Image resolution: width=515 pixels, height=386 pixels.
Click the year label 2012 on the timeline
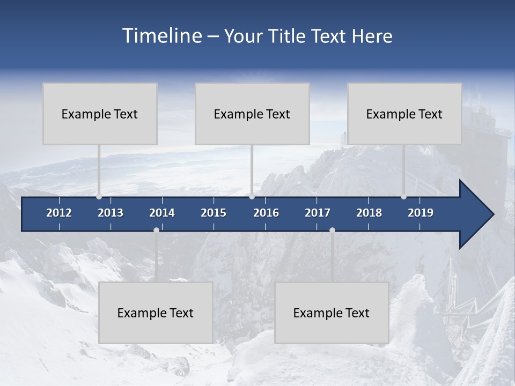[x=59, y=213]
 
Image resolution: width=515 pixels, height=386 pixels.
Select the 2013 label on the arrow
[x=111, y=213]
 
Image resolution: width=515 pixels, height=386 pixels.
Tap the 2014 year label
[x=162, y=213]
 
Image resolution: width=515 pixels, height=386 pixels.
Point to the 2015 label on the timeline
[x=214, y=213]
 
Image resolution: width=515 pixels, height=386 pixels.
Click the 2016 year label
[x=266, y=213]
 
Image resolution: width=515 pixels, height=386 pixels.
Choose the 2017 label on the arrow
[x=318, y=213]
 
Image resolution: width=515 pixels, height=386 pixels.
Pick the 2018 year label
[x=369, y=213]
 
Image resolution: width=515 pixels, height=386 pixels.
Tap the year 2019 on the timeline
[x=421, y=213]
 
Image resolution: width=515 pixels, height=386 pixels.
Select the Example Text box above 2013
[x=100, y=114]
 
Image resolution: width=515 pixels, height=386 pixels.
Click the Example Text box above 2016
[x=252, y=114]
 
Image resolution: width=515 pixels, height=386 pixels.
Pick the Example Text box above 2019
[x=404, y=114]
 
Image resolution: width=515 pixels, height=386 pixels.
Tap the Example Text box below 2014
[x=156, y=313]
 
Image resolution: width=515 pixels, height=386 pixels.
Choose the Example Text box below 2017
[x=332, y=313]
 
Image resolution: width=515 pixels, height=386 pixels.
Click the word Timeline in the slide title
[x=162, y=36]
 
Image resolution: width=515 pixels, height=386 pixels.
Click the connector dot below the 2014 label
[x=156, y=230]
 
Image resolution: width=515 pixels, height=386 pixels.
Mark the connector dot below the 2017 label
[x=332, y=230]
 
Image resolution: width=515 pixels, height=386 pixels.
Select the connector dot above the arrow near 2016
[x=252, y=197]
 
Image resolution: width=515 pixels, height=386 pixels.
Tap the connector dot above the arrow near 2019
[x=403, y=197]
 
